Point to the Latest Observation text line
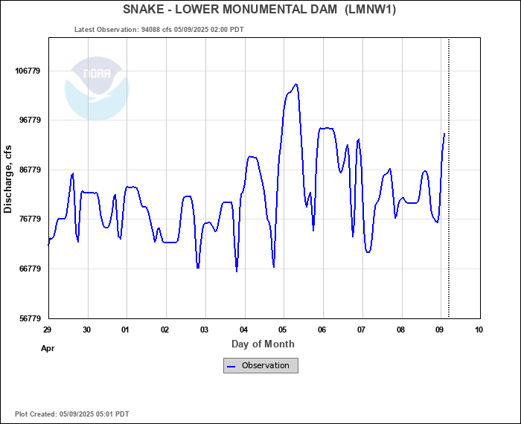[159, 30]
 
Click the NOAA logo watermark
[97, 89]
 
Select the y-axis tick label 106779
[27, 71]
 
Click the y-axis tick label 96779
[29, 120]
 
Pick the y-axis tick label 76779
[29, 219]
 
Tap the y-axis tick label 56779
[29, 318]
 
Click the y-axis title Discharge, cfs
[8, 179]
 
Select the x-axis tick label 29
[47, 330]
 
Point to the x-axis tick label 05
[283, 330]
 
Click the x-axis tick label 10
[479, 330]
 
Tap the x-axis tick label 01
[125, 330]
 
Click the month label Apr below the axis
[48, 347]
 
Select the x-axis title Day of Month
[263, 344]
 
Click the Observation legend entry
[260, 365]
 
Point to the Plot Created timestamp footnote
[72, 414]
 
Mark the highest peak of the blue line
[296, 84]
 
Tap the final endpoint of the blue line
[444, 134]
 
